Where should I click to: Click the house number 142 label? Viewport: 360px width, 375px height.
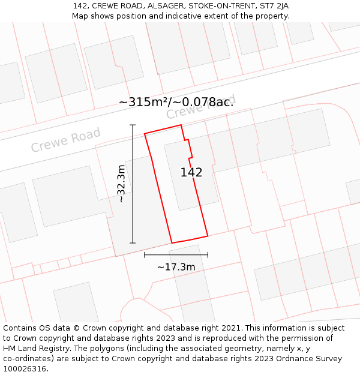(191, 172)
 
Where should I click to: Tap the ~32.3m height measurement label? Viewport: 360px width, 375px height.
(121, 183)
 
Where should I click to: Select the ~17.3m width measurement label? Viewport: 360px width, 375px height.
(176, 266)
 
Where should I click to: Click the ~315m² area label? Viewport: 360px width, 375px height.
(176, 102)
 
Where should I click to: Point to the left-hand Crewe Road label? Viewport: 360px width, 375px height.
(65, 140)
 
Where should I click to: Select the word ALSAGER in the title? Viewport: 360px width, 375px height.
(163, 5)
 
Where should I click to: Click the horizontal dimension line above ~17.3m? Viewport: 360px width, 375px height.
(176, 254)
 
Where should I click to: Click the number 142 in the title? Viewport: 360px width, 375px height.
(80, 5)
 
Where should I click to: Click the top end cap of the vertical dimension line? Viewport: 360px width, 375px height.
(133, 125)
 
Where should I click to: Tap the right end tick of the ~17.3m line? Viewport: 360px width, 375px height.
(208, 254)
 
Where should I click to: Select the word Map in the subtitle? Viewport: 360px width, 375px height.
(80, 16)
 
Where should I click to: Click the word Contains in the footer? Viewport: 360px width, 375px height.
(20, 328)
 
